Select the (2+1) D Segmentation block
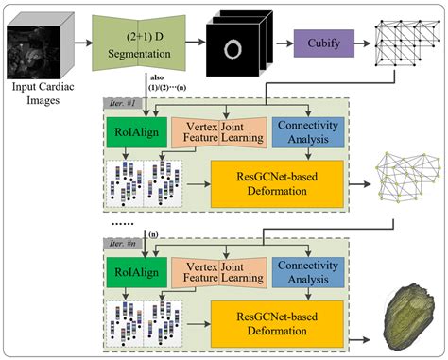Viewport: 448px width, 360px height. click(148, 43)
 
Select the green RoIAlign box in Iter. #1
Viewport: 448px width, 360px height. click(142, 129)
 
